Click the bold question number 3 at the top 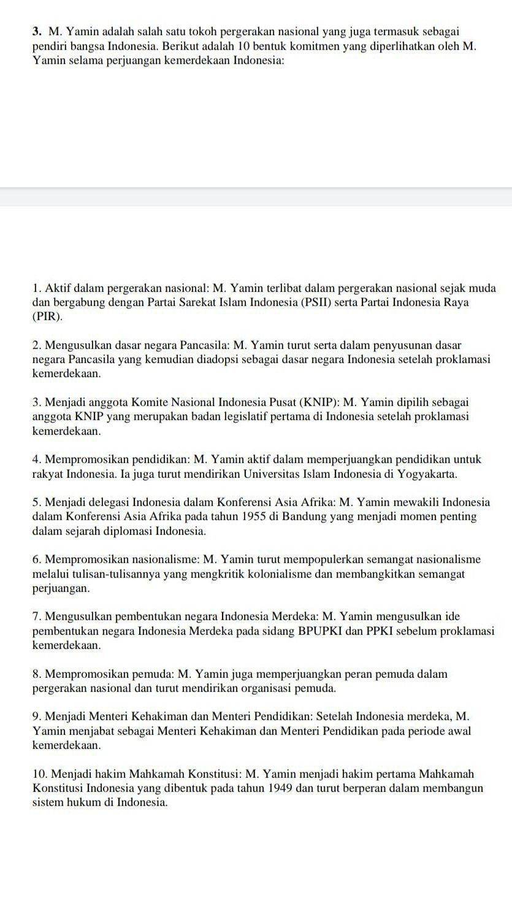[37, 31]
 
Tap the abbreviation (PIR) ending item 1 [47, 317]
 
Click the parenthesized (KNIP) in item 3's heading [317, 402]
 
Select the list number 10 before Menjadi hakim [40, 774]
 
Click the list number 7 [37, 617]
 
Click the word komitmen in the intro [302, 46]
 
